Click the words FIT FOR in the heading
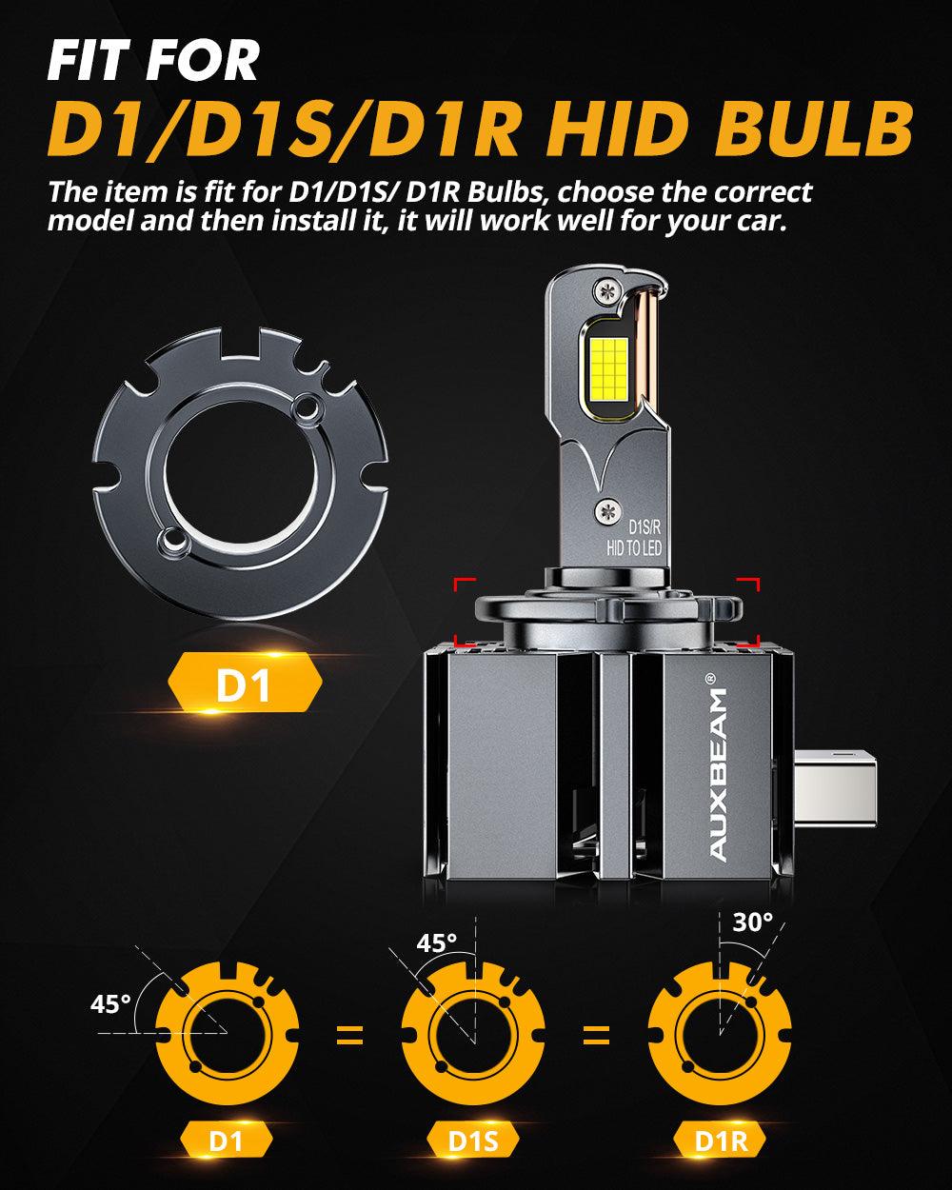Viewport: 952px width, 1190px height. coord(152,59)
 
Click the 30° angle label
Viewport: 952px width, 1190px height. coord(753,922)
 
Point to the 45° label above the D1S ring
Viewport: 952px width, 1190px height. coord(437,942)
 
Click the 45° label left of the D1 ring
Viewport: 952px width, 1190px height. coord(110,1004)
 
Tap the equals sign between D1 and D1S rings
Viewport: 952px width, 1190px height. coord(350,1035)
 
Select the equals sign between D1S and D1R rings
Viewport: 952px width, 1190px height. coord(596,1035)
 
